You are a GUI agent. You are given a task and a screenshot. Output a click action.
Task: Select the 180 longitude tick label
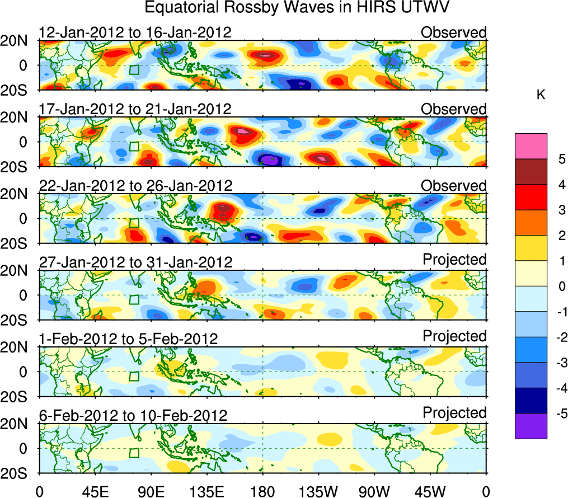262,491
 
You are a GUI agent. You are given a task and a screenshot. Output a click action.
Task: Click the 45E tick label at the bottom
95,491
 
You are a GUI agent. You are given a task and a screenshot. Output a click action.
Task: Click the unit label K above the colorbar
541,95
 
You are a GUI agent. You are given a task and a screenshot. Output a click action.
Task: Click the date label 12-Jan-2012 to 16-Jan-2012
135,32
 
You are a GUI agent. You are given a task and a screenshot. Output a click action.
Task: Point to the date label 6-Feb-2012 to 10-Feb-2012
133,416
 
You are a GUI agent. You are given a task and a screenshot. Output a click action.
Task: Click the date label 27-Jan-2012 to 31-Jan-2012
135,262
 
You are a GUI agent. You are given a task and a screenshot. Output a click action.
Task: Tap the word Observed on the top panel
454,32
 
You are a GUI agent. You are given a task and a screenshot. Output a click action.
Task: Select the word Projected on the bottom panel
454,413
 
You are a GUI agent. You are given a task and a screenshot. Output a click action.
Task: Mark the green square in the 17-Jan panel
134,146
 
